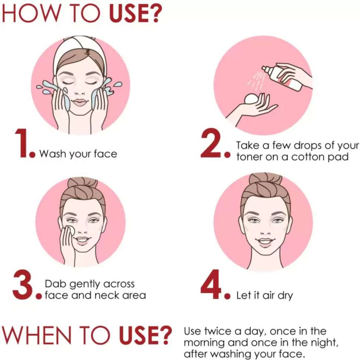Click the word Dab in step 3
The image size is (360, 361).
coord(56,284)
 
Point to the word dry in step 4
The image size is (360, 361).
coord(285,296)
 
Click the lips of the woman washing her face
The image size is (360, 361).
coord(80,102)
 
